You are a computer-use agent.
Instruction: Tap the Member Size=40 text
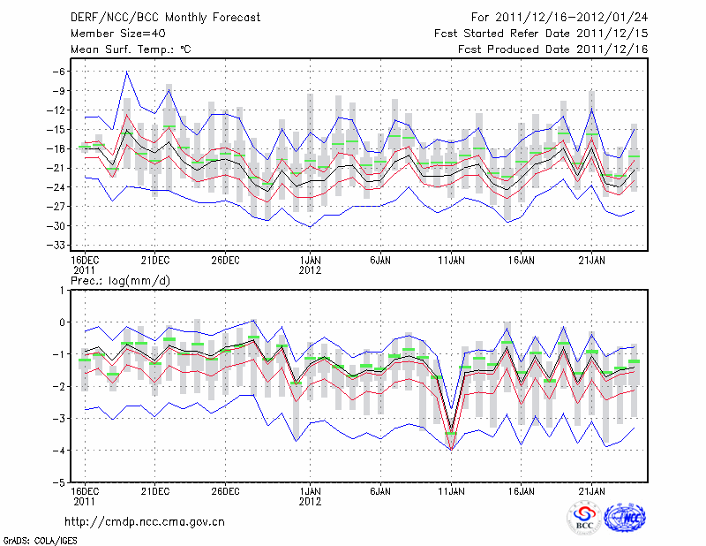coord(111,33)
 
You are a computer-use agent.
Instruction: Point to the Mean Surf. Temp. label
coord(131,49)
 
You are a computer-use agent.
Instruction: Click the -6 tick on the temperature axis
coord(61,72)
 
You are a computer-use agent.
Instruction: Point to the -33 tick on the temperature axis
coord(58,245)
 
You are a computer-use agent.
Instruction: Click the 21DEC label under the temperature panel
coord(154,261)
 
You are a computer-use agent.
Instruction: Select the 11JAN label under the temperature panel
coord(451,261)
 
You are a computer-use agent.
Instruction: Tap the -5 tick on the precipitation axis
coord(61,482)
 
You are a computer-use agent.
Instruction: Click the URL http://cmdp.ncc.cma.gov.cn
coord(146,521)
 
